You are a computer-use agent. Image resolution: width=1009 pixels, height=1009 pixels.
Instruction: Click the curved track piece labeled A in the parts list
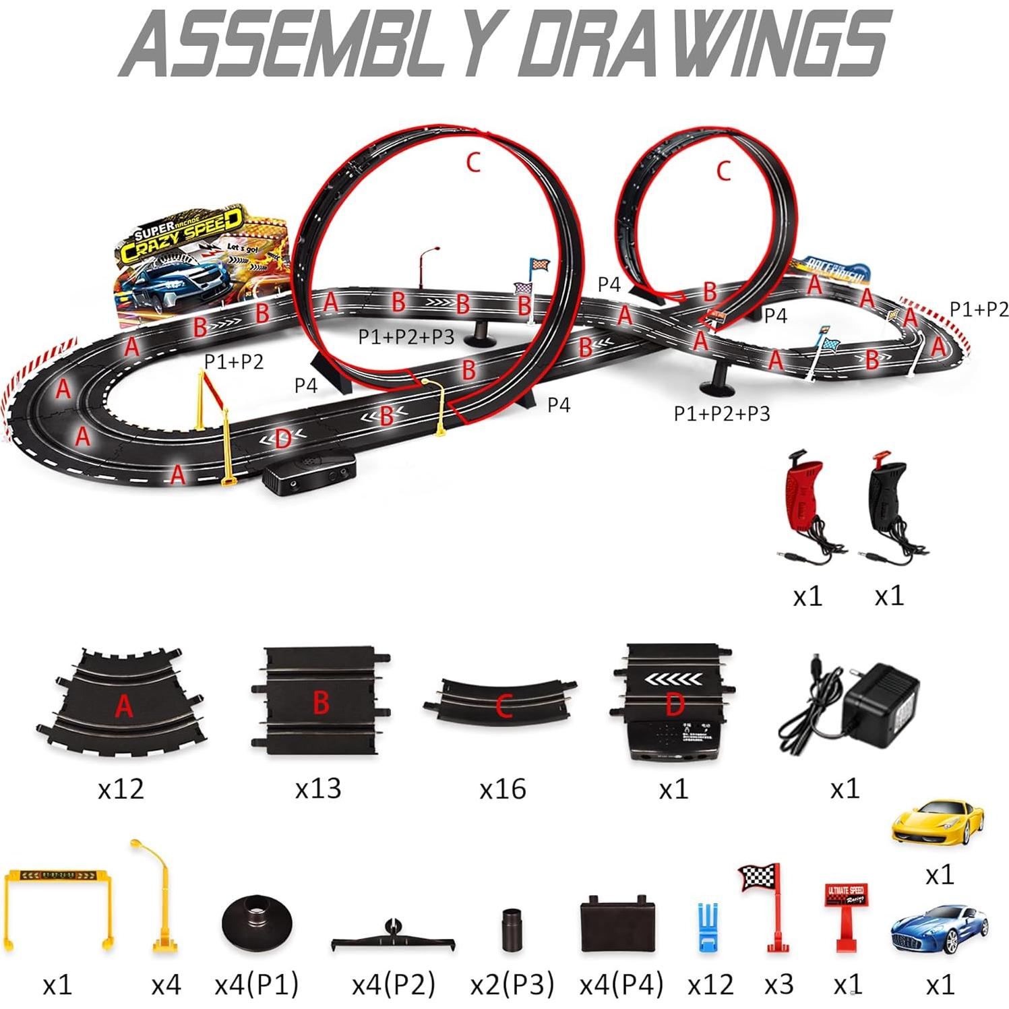click(x=121, y=701)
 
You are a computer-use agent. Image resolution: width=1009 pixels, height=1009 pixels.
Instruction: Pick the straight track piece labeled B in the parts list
click(x=321, y=701)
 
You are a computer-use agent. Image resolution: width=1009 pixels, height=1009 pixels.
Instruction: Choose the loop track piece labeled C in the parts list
click(x=502, y=701)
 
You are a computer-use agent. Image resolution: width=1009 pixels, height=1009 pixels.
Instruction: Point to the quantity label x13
click(x=318, y=788)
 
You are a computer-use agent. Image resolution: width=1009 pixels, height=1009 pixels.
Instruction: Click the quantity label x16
click(x=503, y=788)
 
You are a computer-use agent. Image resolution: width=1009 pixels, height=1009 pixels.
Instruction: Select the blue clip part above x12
click(x=705, y=927)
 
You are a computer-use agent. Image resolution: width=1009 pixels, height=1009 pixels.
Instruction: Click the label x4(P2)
click(x=393, y=985)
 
